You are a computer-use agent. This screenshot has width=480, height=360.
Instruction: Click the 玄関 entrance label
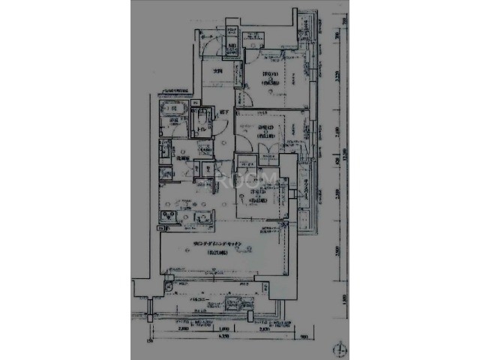coord(218,71)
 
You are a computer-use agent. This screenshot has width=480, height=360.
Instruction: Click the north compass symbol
coord(341,349)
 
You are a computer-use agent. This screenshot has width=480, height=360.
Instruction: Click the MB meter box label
coord(233,46)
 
